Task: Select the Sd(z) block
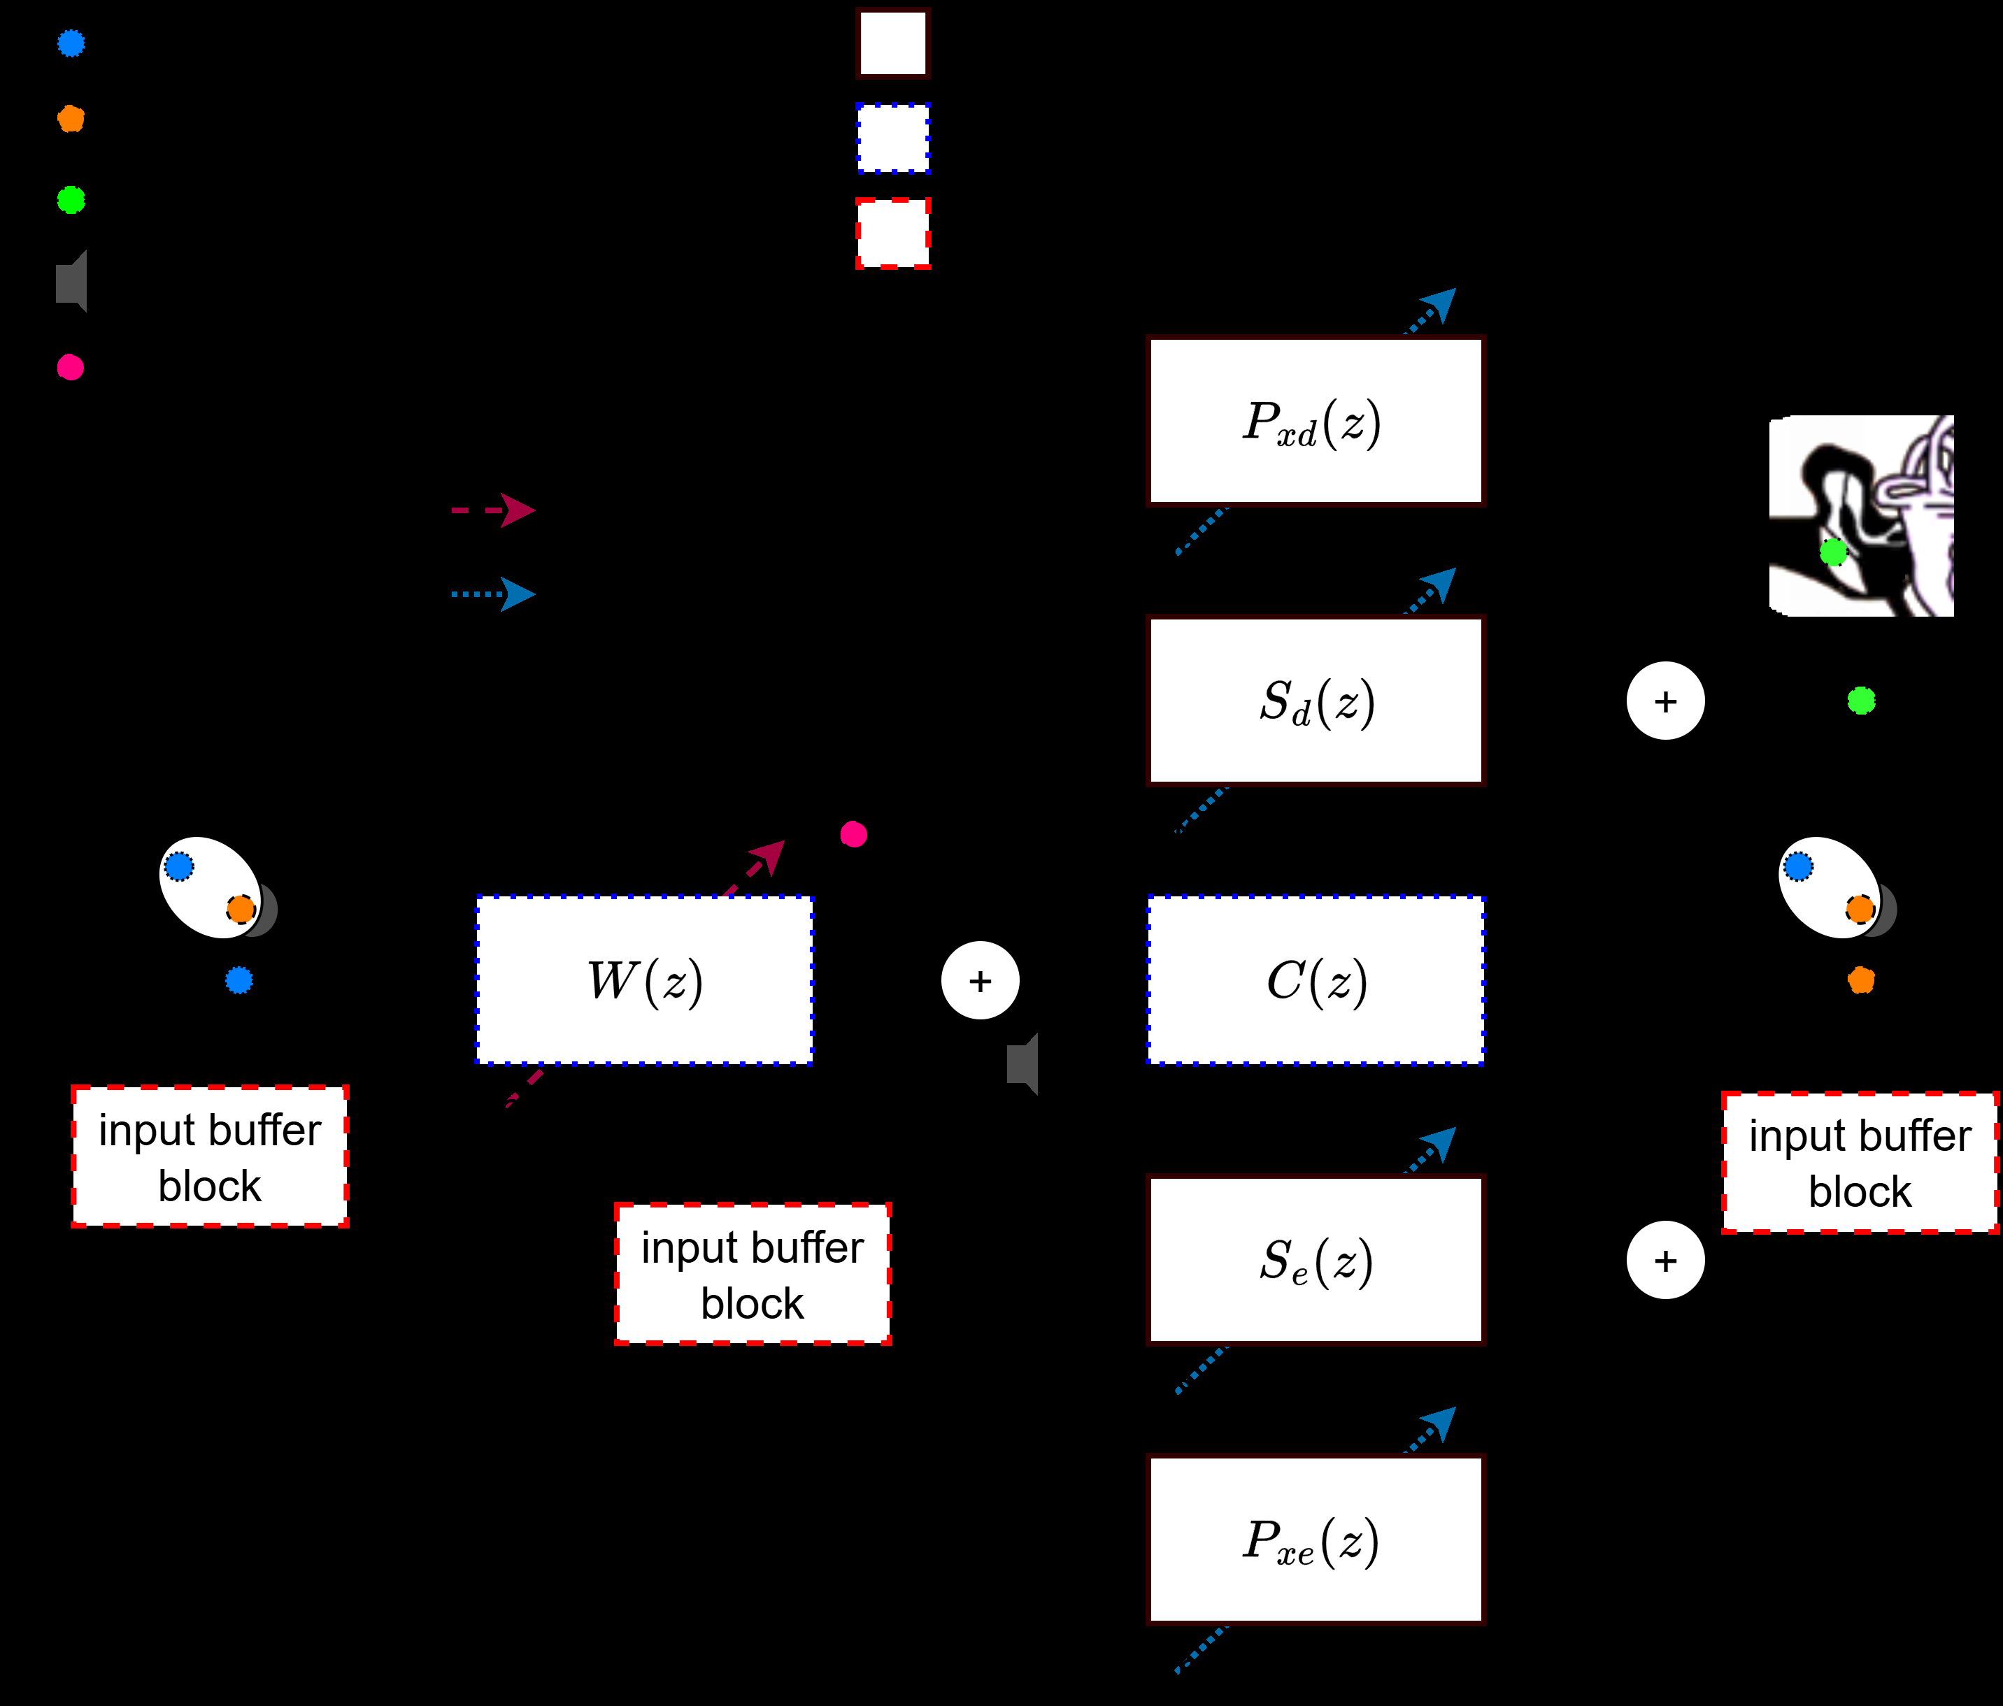click(x=1315, y=701)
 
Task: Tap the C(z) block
click(x=1315, y=980)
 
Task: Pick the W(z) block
click(x=645, y=980)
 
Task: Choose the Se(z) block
click(x=1315, y=1259)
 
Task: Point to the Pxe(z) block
click(x=1315, y=1539)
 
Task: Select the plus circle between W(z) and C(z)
click(x=981, y=980)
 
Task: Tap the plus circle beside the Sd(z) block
click(x=1665, y=701)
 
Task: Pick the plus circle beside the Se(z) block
click(x=1665, y=1259)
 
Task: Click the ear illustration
click(x=1861, y=515)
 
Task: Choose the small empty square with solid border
click(x=893, y=43)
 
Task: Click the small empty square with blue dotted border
click(x=893, y=138)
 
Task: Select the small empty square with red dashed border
click(x=893, y=233)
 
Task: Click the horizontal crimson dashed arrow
click(x=493, y=510)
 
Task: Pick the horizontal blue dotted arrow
click(x=493, y=594)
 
